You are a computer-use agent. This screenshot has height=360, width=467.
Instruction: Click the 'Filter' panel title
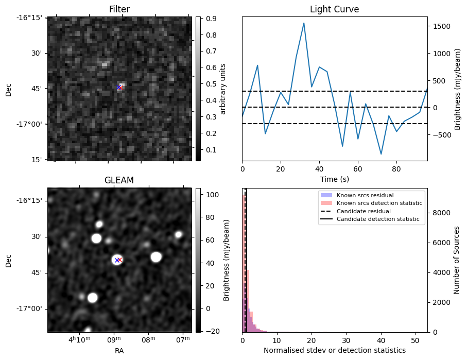119,9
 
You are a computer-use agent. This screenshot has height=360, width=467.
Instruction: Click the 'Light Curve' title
334,9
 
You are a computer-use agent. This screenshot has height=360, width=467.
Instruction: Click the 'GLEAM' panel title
119,180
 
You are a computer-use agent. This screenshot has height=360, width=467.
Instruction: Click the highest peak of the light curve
304,23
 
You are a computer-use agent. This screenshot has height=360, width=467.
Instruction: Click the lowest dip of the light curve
381,154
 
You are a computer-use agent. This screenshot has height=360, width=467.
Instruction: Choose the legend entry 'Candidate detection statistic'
377,219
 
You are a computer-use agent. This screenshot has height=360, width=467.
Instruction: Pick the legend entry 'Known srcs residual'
365,195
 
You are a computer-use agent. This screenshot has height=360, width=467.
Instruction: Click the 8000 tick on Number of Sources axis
441,213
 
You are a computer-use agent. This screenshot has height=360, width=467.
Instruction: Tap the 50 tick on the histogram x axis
416,340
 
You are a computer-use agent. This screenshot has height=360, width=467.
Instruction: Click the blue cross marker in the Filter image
118,88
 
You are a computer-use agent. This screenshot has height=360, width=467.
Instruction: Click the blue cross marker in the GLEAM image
117,260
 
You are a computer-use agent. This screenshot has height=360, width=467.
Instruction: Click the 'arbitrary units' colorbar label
222,89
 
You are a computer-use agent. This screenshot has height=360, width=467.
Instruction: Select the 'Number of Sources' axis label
457,260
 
